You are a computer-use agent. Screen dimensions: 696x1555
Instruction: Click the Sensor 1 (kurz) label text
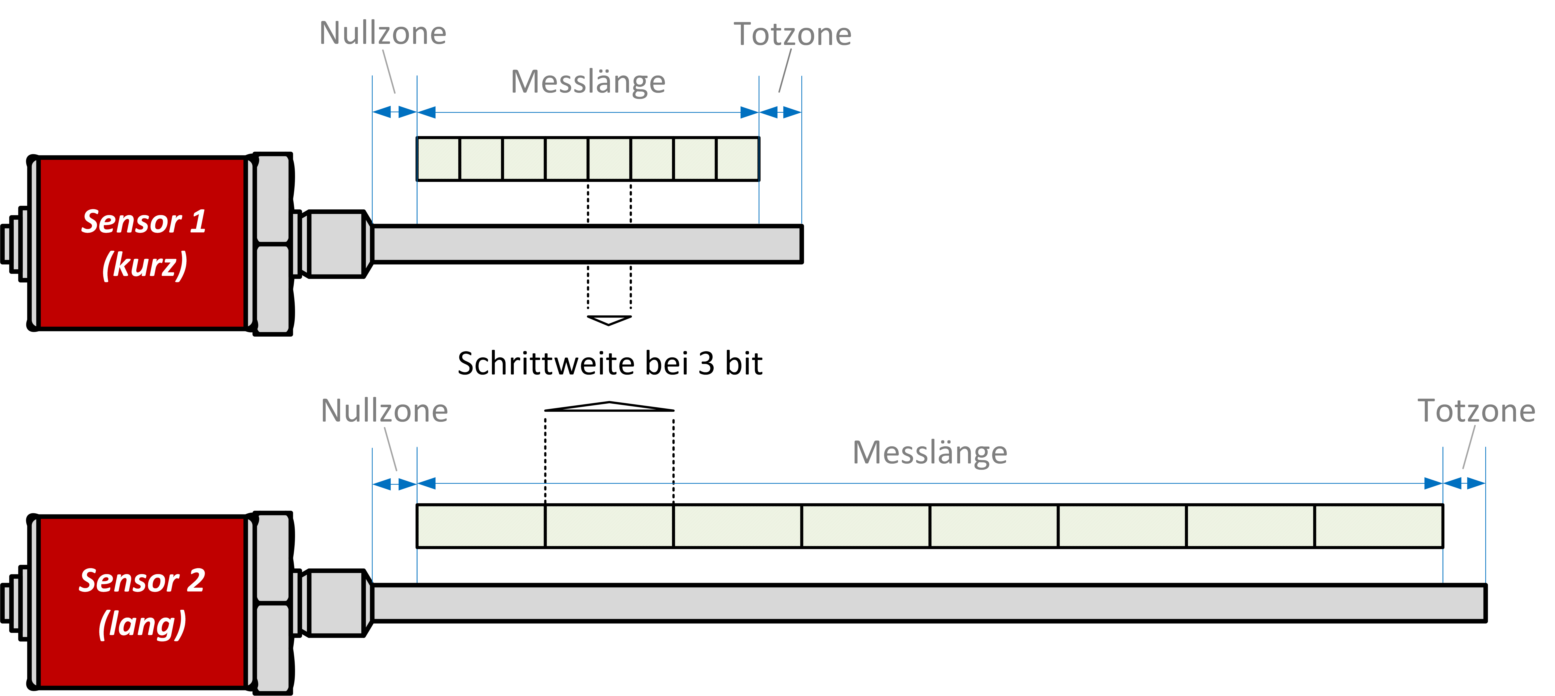tap(144, 243)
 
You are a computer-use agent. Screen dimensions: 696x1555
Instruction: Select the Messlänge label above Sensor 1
tap(588, 82)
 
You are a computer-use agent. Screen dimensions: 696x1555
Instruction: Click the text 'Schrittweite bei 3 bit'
tap(610, 364)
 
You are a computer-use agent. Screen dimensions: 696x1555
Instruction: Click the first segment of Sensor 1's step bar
tap(438, 159)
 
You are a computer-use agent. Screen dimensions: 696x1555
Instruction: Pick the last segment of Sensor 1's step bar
tap(738, 159)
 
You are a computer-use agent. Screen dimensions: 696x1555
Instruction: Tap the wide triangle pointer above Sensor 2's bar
tap(609, 407)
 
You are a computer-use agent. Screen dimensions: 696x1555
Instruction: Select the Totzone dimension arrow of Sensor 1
tap(781, 112)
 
